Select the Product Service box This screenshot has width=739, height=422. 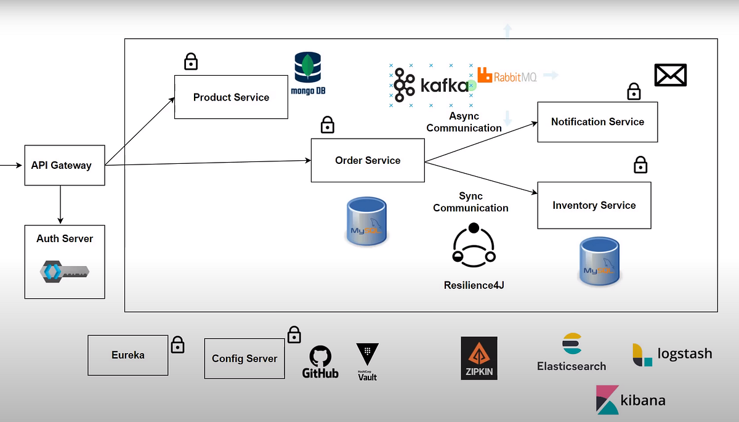231,97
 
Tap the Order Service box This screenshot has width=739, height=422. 368,160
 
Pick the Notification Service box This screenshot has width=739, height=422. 597,122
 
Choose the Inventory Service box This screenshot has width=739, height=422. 594,205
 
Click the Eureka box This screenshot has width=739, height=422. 128,355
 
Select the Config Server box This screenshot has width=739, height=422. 244,359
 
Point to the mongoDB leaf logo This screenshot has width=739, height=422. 307,68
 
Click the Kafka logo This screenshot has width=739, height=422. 431,85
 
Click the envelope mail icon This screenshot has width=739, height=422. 670,76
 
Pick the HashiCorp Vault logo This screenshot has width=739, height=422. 368,361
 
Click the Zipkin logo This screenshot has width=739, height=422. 479,358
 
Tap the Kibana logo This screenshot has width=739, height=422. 631,400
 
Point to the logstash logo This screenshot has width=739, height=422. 672,354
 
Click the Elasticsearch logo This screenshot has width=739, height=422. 571,353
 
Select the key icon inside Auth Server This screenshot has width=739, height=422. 65,271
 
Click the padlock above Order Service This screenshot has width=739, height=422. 328,125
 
